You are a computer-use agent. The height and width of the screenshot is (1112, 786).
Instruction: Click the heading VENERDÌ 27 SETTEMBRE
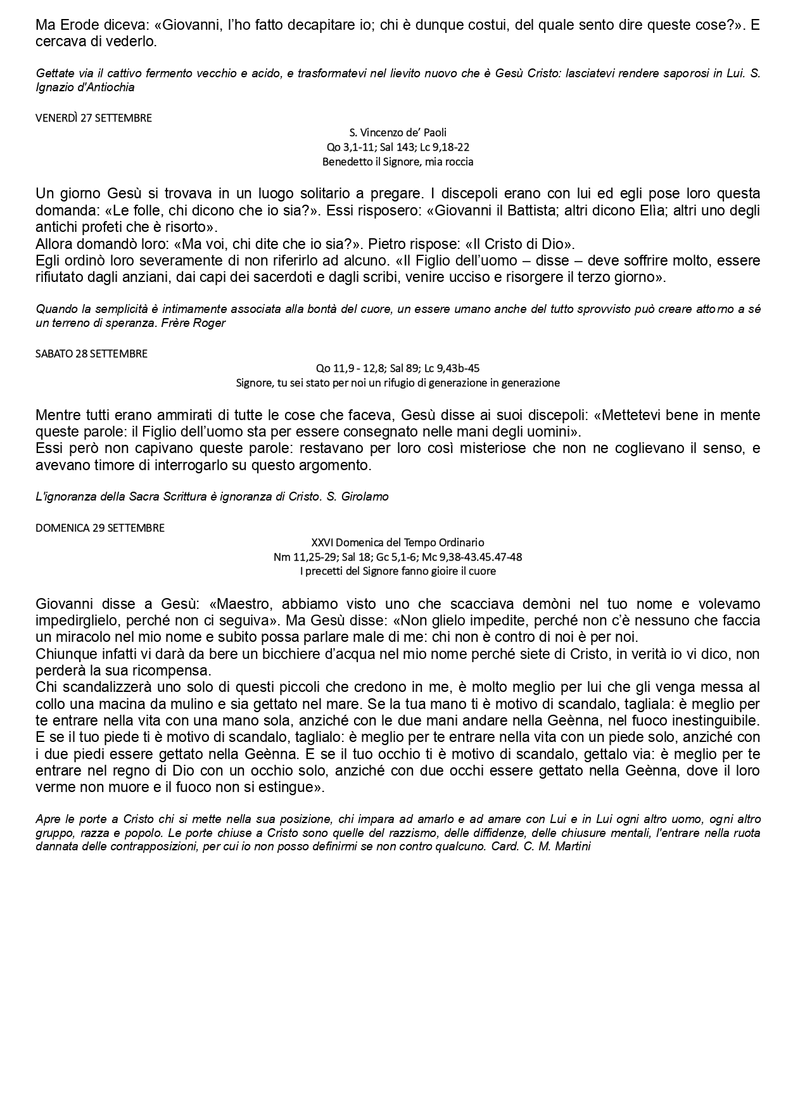94,118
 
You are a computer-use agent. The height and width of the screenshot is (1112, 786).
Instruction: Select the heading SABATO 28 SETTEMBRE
91,354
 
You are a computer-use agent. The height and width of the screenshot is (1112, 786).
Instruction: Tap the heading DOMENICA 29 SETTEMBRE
100,528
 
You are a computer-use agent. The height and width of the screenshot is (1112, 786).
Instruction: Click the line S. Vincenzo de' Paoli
398,132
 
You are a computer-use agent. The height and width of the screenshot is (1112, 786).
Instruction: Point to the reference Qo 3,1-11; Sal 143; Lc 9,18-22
398,147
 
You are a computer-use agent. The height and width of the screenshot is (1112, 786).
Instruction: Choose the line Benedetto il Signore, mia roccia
398,162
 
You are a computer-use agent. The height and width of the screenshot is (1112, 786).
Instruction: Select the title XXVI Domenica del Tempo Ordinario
398,542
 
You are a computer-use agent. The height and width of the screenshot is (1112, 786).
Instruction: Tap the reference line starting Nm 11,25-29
398,557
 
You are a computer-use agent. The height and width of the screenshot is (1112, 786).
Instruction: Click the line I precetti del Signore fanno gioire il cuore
398,571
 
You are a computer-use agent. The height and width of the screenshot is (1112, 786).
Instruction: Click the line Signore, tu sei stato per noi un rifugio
398,383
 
